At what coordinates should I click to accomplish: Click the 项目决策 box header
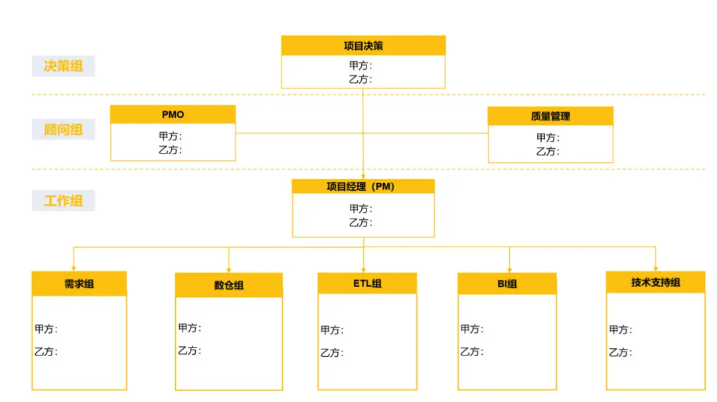click(x=363, y=46)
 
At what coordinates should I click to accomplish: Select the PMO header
click(x=173, y=114)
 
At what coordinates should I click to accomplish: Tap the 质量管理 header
click(x=550, y=116)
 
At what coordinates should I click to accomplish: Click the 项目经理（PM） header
click(x=363, y=187)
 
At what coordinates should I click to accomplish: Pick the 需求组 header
click(x=79, y=284)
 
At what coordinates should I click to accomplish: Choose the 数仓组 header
click(x=229, y=285)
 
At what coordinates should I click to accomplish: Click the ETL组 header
click(x=367, y=284)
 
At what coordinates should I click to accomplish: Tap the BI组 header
click(x=507, y=284)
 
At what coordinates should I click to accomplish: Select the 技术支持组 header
click(x=656, y=282)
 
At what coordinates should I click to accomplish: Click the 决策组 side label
click(x=63, y=66)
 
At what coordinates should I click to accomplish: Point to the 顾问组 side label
click(x=63, y=130)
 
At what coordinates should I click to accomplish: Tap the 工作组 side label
click(x=63, y=201)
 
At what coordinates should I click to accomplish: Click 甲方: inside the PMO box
click(x=171, y=136)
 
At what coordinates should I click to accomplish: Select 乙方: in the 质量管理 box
click(x=548, y=151)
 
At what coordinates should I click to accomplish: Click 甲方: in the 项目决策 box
click(x=360, y=65)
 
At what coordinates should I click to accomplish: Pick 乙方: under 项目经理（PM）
click(x=360, y=223)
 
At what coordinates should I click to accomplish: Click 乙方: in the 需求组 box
click(x=46, y=352)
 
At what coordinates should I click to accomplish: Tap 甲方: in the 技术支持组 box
click(x=621, y=330)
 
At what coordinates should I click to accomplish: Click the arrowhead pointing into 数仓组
click(x=229, y=269)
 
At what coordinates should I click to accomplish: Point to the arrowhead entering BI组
click(x=509, y=269)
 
